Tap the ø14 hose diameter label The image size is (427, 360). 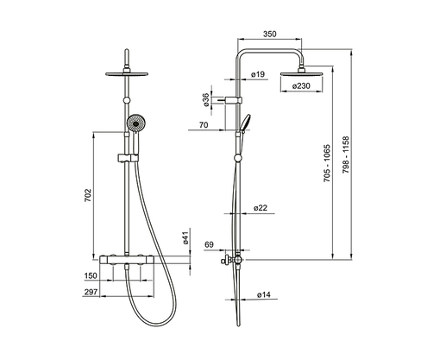(x=264, y=296)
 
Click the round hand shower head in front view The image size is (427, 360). (x=134, y=127)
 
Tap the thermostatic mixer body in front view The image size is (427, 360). (x=126, y=258)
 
